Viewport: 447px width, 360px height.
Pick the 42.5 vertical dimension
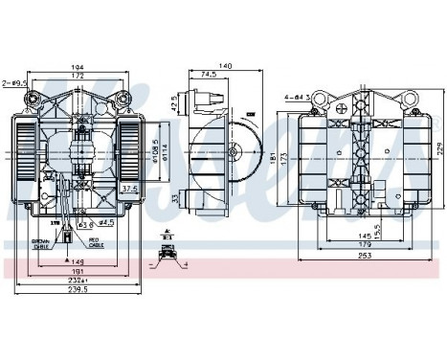175,103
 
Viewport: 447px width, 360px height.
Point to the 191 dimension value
79,270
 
